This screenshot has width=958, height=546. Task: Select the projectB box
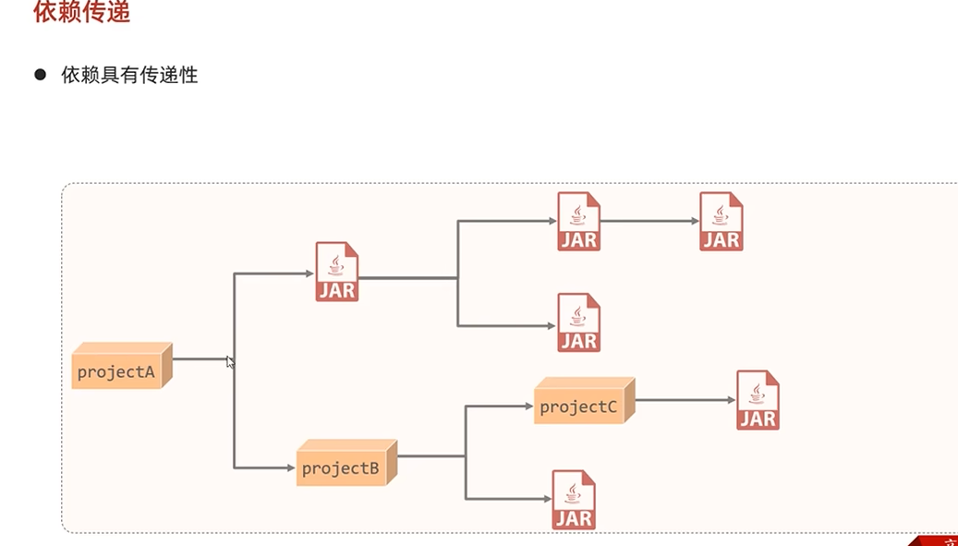tap(341, 467)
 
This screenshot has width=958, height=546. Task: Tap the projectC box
tap(578, 406)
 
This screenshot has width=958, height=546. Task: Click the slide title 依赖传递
tap(81, 13)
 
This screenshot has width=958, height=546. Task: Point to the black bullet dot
tap(40, 75)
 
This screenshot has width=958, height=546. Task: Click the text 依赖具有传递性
tap(130, 75)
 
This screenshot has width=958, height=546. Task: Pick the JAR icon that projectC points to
tap(758, 400)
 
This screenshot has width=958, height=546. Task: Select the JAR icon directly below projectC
tap(574, 500)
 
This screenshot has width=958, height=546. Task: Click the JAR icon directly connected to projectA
tap(337, 272)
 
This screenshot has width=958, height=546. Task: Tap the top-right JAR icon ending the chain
tap(721, 222)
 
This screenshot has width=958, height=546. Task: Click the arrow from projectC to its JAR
tap(684, 400)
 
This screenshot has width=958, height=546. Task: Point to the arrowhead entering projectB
tap(290, 467)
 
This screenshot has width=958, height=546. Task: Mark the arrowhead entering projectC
tap(528, 406)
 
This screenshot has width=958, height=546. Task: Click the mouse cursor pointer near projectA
tap(230, 362)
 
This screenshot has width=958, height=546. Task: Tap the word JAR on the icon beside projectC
tap(758, 419)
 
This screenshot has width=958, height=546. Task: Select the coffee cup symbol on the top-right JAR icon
tap(721, 214)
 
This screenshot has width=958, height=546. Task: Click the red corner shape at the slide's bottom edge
tap(935, 540)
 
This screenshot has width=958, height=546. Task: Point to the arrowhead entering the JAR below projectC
tap(546, 499)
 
